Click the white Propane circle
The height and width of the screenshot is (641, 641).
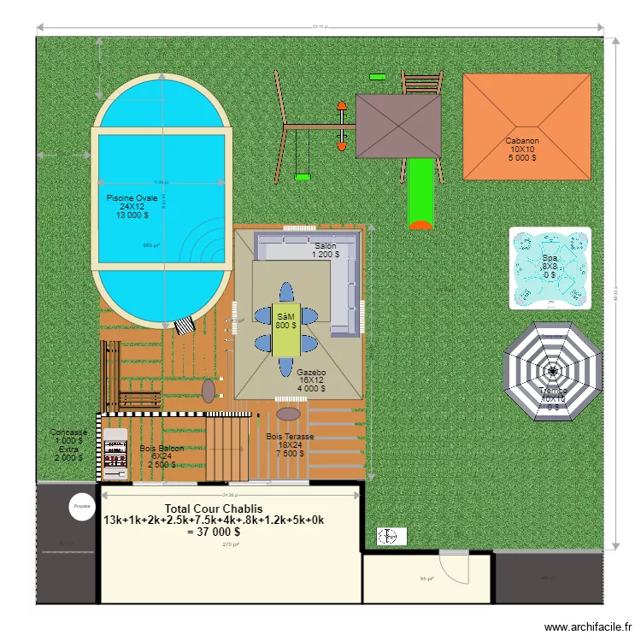click(x=82, y=506)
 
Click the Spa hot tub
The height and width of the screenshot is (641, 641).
click(x=550, y=267)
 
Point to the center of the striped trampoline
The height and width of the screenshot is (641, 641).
click(x=553, y=372)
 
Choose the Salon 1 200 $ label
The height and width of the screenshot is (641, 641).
click(x=325, y=250)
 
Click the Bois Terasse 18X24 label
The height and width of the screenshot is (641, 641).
click(x=290, y=444)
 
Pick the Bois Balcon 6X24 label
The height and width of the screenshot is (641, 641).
click(x=162, y=456)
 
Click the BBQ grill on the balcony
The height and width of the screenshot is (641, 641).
click(x=114, y=454)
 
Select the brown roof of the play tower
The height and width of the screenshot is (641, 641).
click(x=398, y=126)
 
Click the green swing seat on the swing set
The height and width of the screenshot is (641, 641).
click(x=302, y=178)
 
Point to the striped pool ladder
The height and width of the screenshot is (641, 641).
click(x=185, y=326)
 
